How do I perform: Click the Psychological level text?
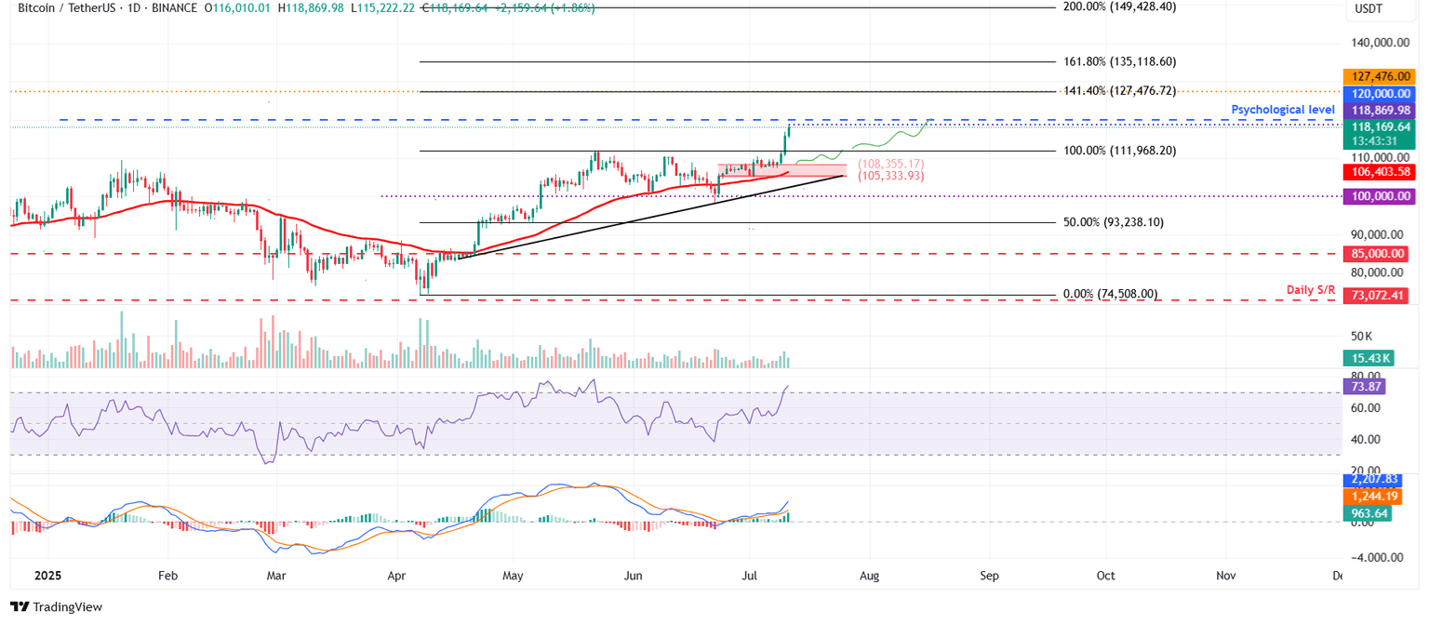(1283, 110)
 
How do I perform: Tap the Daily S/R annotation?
(1310, 290)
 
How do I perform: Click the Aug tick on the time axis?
(869, 576)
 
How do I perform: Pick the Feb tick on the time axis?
(167, 576)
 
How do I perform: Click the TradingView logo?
(56, 607)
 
